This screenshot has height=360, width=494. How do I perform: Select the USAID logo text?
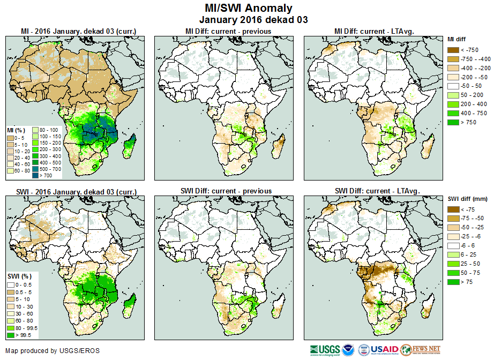pyautogui.click(x=384, y=350)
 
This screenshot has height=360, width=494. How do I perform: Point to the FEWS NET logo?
pyautogui.click(x=421, y=350)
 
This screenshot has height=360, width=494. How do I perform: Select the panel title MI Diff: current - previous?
pyautogui.click(x=228, y=31)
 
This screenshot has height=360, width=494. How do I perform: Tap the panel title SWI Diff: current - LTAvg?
pyautogui.click(x=377, y=191)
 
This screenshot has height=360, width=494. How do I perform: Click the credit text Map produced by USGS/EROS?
pyautogui.click(x=53, y=351)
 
